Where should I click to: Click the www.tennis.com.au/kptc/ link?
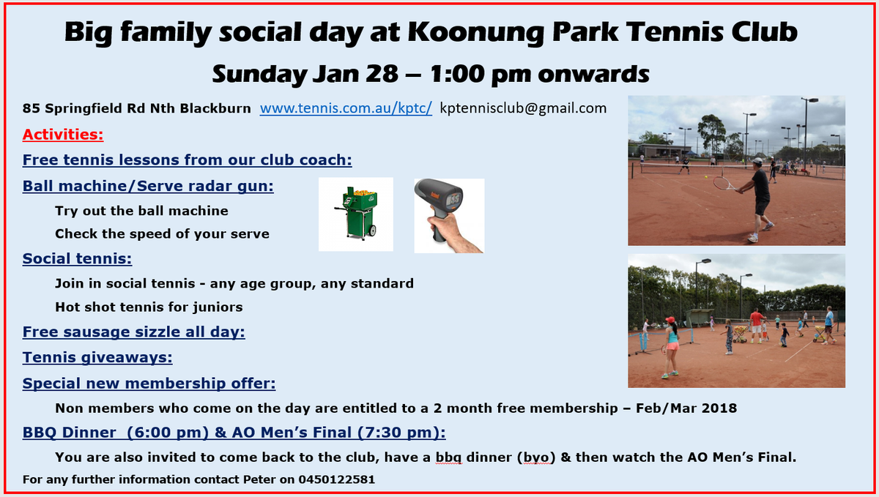coord(346,108)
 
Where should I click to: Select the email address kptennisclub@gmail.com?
coord(523,108)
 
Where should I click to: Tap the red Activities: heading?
coord(63,135)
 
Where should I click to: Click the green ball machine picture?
coord(356,214)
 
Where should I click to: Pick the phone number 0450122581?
coord(336,479)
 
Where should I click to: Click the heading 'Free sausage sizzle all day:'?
coord(134,332)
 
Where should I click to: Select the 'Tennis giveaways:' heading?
coord(97,357)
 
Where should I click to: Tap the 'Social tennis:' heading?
coord(77,258)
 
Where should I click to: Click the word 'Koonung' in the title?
coord(475,32)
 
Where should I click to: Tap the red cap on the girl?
coord(670,320)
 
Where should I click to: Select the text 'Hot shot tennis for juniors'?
coord(149,307)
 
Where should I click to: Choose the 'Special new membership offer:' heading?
coord(149,384)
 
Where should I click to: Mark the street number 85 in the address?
coord(31,108)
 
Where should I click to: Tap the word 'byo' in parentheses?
coord(535,457)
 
